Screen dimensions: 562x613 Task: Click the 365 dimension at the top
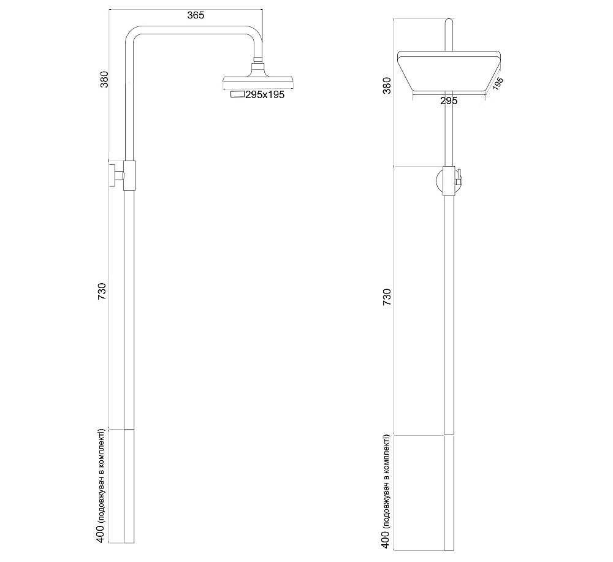[196, 16]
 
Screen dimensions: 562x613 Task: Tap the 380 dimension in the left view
[105, 80]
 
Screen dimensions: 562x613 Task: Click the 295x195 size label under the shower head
[265, 94]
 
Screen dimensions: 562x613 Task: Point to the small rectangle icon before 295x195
[237, 94]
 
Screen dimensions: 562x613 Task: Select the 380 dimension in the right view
[387, 85]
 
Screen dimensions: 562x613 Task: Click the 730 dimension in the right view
[387, 297]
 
